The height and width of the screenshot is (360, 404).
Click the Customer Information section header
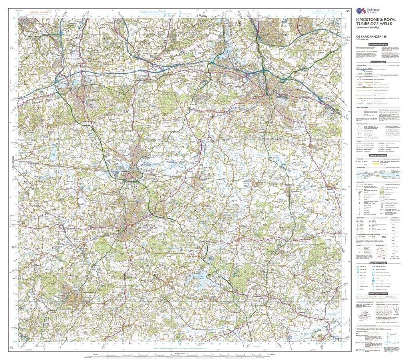(378, 44)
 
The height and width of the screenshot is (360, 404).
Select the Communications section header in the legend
(378, 62)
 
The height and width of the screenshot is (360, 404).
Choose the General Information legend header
(378, 155)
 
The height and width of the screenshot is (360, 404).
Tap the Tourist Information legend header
(378, 263)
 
